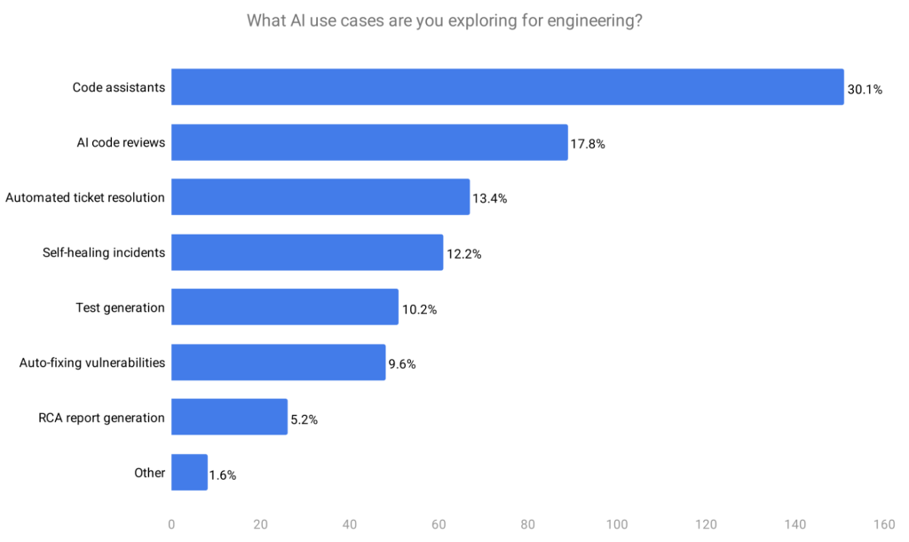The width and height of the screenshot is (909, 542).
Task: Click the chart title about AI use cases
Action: coord(444,20)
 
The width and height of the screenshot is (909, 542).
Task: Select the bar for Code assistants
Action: coord(507,87)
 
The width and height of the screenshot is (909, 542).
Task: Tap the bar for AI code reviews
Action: coord(369,142)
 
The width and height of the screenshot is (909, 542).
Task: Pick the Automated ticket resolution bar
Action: coord(320,197)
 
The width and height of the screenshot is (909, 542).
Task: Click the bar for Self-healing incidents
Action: coord(307,252)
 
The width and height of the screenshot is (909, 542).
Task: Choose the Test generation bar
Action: coord(285,307)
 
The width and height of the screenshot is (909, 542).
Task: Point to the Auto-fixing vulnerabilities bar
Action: coord(278,363)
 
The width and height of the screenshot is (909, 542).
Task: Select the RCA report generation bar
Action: coord(229,418)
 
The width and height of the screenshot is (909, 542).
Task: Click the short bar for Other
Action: coord(189,473)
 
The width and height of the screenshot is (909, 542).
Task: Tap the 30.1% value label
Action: coord(865,89)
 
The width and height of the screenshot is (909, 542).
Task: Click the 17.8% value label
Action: coord(588,144)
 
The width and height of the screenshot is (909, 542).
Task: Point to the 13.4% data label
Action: coord(490,199)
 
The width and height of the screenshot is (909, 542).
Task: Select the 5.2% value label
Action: coord(304,419)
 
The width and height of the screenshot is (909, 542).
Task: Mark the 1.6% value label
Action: coord(223,475)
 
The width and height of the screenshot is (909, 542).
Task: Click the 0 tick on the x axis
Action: coord(171,524)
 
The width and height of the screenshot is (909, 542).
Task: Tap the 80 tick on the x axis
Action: coord(527,524)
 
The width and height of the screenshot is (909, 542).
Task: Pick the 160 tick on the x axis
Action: coord(883,524)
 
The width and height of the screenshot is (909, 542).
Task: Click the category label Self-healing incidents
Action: coord(104,252)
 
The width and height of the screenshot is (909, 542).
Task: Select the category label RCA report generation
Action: coord(101,418)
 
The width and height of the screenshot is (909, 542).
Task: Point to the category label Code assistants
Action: coord(118,87)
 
